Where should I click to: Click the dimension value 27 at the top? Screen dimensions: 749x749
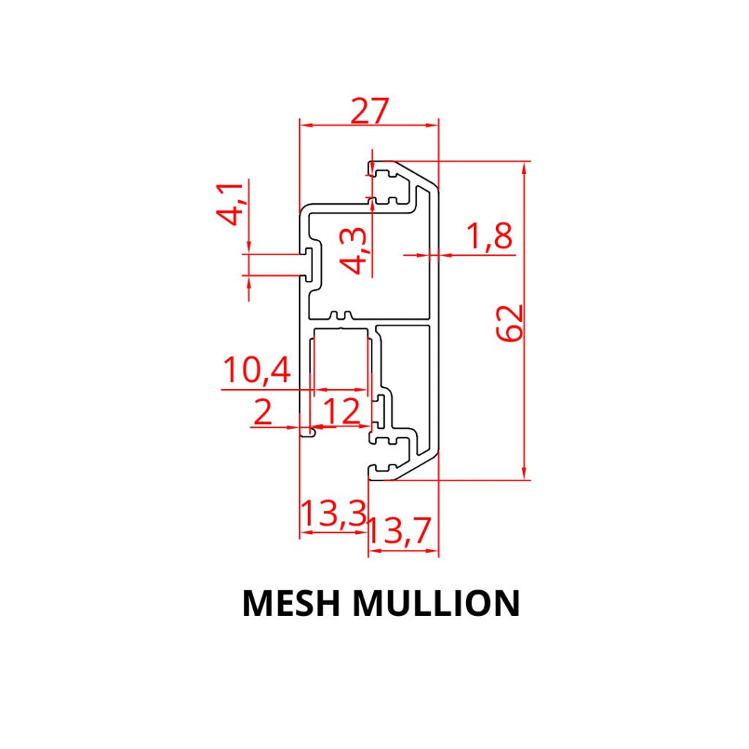point(369,111)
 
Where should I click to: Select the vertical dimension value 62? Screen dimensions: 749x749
point(510,323)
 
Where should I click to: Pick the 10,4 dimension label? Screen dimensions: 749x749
point(257,371)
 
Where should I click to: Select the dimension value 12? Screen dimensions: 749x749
point(342,412)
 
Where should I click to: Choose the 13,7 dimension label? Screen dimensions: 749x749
point(399,532)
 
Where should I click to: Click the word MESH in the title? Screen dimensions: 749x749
point(292,603)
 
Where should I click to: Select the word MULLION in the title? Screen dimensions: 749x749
point(436,603)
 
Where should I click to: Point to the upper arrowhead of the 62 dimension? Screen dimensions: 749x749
point(524,168)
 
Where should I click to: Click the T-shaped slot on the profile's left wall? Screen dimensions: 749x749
point(311,264)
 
